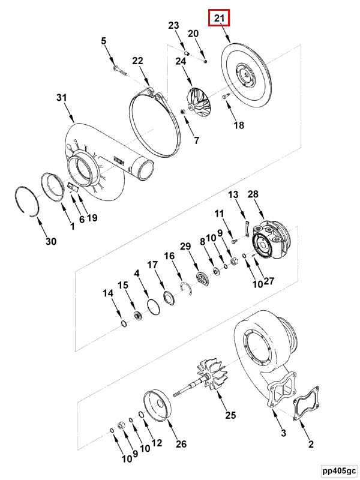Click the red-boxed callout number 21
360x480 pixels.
tap(219, 18)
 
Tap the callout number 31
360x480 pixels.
tap(62, 98)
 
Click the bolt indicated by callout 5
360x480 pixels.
tap(119, 70)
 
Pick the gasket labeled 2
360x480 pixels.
tap(306, 403)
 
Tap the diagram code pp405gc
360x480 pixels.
tap(339, 470)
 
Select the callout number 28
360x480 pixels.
tap(253, 194)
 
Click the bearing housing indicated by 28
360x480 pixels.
tap(271, 239)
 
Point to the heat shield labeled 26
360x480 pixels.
tap(157, 406)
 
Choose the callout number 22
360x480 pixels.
tap(137, 61)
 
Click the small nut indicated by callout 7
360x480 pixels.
tap(184, 112)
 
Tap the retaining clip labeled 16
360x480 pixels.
tap(187, 288)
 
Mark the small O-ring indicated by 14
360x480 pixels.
tap(124, 323)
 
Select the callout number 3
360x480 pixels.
tap(283, 433)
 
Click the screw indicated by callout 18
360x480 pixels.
tap(225, 96)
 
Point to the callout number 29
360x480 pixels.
tap(185, 247)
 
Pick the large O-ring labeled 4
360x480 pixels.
tap(154, 307)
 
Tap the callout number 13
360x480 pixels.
tap(233, 194)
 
